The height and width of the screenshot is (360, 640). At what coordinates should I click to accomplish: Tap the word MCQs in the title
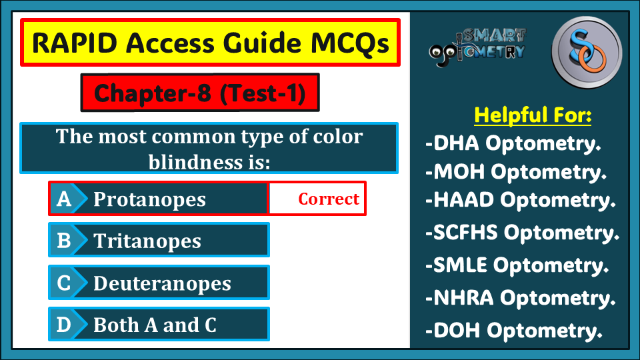pyautogui.click(x=350, y=43)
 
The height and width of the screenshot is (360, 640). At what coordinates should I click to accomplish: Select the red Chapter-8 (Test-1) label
pyautogui.click(x=200, y=93)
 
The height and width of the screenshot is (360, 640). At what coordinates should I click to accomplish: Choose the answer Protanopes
pyautogui.click(x=149, y=199)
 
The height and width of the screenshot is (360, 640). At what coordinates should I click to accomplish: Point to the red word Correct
pyautogui.click(x=329, y=199)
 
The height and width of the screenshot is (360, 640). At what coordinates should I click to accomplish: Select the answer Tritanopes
pyautogui.click(x=147, y=241)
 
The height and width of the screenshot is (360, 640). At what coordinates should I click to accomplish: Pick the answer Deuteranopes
pyautogui.click(x=162, y=283)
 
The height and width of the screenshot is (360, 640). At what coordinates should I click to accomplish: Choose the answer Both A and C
pyautogui.click(x=155, y=325)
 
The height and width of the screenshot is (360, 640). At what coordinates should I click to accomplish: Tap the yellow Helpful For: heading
pyautogui.click(x=533, y=115)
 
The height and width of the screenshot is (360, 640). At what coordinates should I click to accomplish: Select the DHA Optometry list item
pyautogui.click(x=513, y=144)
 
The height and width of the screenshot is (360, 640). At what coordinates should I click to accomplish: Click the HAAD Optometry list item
pyautogui.click(x=521, y=201)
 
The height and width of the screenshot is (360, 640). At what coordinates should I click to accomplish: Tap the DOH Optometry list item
pyautogui.click(x=514, y=331)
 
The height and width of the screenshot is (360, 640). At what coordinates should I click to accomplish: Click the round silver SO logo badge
pyautogui.click(x=587, y=52)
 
